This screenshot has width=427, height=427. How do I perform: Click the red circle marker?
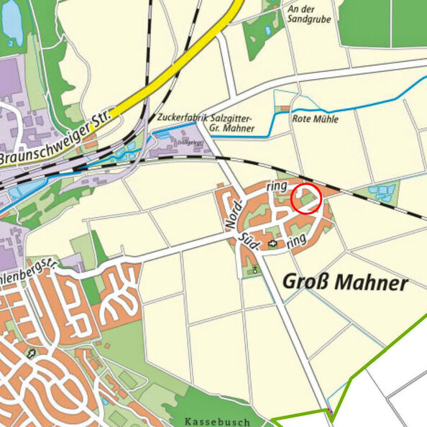coord(306,198)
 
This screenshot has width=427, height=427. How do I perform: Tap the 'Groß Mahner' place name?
coord(344,283)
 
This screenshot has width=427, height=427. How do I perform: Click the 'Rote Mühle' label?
coord(315,119)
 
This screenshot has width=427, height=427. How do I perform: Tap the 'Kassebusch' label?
coord(216,421)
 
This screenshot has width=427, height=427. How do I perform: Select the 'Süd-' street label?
coord(250,240)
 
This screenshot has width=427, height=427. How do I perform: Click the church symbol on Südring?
coord(272,244)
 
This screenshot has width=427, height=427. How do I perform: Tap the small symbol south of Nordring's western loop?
coord(254,270)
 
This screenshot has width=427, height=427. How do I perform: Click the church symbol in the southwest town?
coord(30,353)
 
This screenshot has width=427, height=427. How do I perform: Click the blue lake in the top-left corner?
coord(12,22)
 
